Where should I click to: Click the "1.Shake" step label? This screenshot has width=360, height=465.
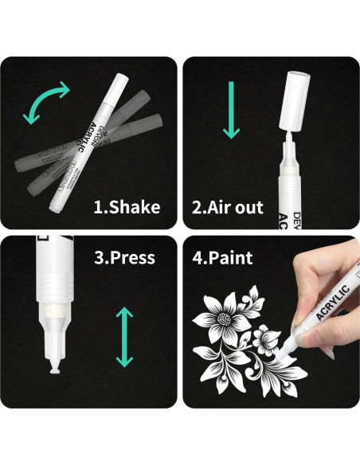pyautogui.click(x=127, y=208)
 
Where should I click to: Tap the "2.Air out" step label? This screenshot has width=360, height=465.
pyautogui.click(x=228, y=208)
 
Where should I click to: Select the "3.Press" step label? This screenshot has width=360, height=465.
pyautogui.click(x=123, y=257)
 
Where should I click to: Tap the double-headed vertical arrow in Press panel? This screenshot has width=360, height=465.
pyautogui.click(x=124, y=337)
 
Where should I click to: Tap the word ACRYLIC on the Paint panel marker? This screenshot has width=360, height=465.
pyautogui.click(x=330, y=299)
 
